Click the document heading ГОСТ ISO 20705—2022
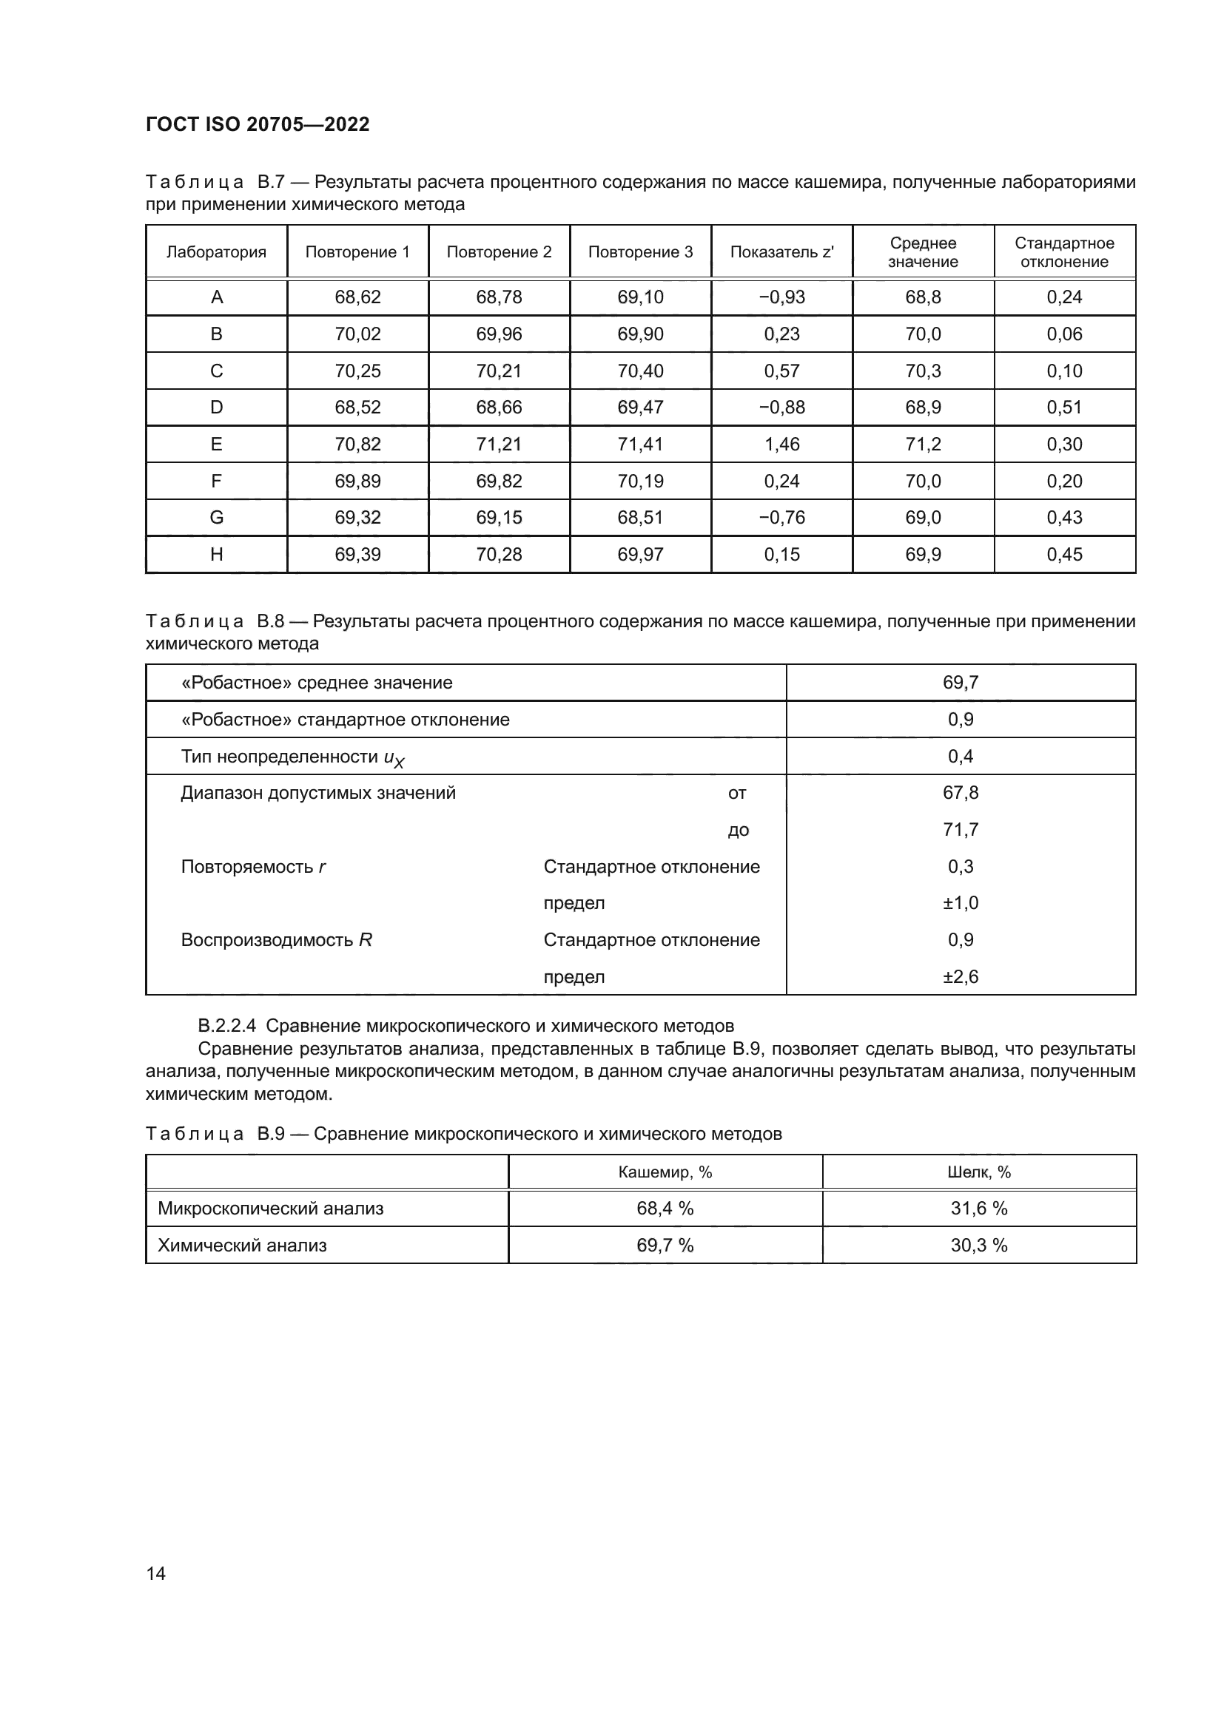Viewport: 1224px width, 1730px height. [x=258, y=124]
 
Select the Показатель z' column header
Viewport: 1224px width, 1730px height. [x=781, y=252]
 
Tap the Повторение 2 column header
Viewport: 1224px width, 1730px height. [x=499, y=252]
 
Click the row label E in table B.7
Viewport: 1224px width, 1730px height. [x=216, y=445]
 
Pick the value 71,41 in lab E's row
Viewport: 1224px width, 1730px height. [x=640, y=445]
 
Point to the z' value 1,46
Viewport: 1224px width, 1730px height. [x=781, y=445]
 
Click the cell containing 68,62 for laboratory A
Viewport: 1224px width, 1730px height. [x=357, y=297]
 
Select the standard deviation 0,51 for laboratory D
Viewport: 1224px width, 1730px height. [x=1063, y=408]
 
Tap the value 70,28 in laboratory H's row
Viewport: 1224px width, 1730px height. [x=499, y=555]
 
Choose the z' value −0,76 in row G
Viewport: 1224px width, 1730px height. [x=781, y=518]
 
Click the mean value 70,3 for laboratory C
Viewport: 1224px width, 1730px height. [x=923, y=371]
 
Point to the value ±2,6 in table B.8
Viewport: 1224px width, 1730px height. [x=961, y=977]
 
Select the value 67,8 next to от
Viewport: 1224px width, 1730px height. [x=961, y=793]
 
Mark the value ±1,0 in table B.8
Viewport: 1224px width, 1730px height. [x=961, y=903]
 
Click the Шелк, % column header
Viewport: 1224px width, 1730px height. [x=978, y=1172]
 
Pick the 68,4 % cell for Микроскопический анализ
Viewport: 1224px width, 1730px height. [x=665, y=1209]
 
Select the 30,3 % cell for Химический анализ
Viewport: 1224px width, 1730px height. [x=978, y=1246]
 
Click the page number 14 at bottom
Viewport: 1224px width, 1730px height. [x=156, y=1573]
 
